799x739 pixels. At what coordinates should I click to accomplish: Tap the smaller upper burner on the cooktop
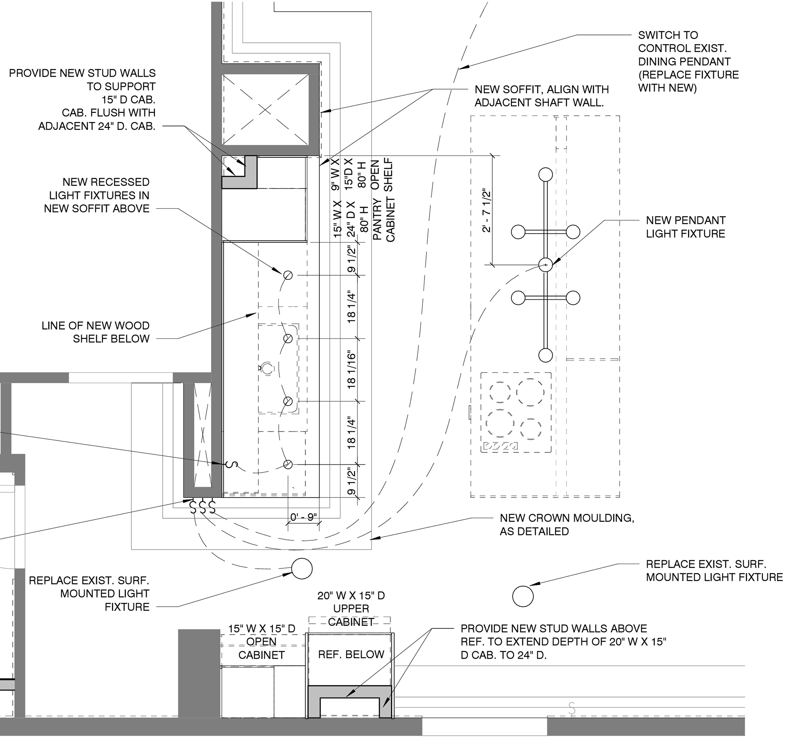[x=500, y=392]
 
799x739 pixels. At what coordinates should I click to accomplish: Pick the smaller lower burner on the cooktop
[x=531, y=428]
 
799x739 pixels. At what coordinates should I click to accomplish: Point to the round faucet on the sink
[x=267, y=368]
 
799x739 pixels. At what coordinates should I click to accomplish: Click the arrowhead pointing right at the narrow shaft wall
[x=216, y=463]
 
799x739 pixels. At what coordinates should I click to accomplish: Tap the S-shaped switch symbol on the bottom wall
[x=572, y=709]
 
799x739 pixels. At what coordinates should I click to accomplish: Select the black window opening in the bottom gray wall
[x=484, y=727]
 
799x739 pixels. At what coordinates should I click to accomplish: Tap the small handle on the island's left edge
[x=470, y=413]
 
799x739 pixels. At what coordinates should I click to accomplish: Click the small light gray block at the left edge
[x=7, y=685]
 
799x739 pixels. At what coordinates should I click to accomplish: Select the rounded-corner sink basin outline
[x=278, y=368]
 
